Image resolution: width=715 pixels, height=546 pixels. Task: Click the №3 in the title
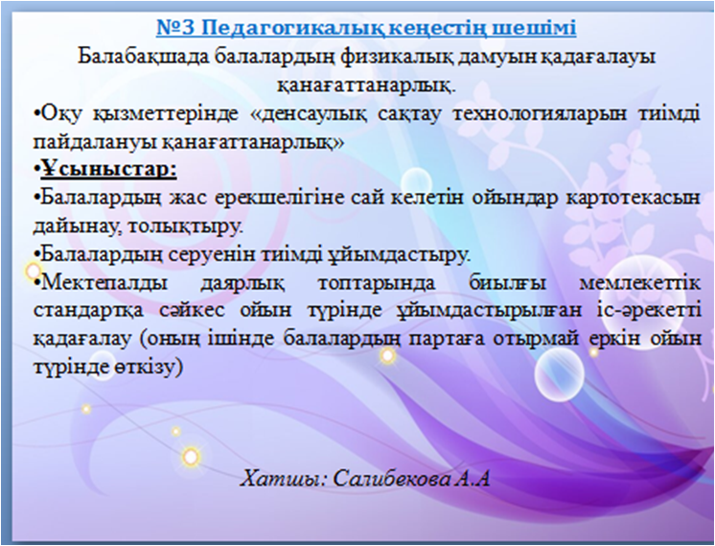[x=175, y=28]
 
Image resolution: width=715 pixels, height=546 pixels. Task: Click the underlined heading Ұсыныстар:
[x=108, y=170]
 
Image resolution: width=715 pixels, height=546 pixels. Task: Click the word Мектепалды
[x=104, y=283]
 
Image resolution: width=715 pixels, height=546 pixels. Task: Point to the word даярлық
[x=242, y=283]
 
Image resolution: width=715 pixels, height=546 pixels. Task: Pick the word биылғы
[x=507, y=283]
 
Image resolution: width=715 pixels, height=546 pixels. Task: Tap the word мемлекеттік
[x=639, y=283]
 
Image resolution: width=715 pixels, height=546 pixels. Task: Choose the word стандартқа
[x=88, y=311]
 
